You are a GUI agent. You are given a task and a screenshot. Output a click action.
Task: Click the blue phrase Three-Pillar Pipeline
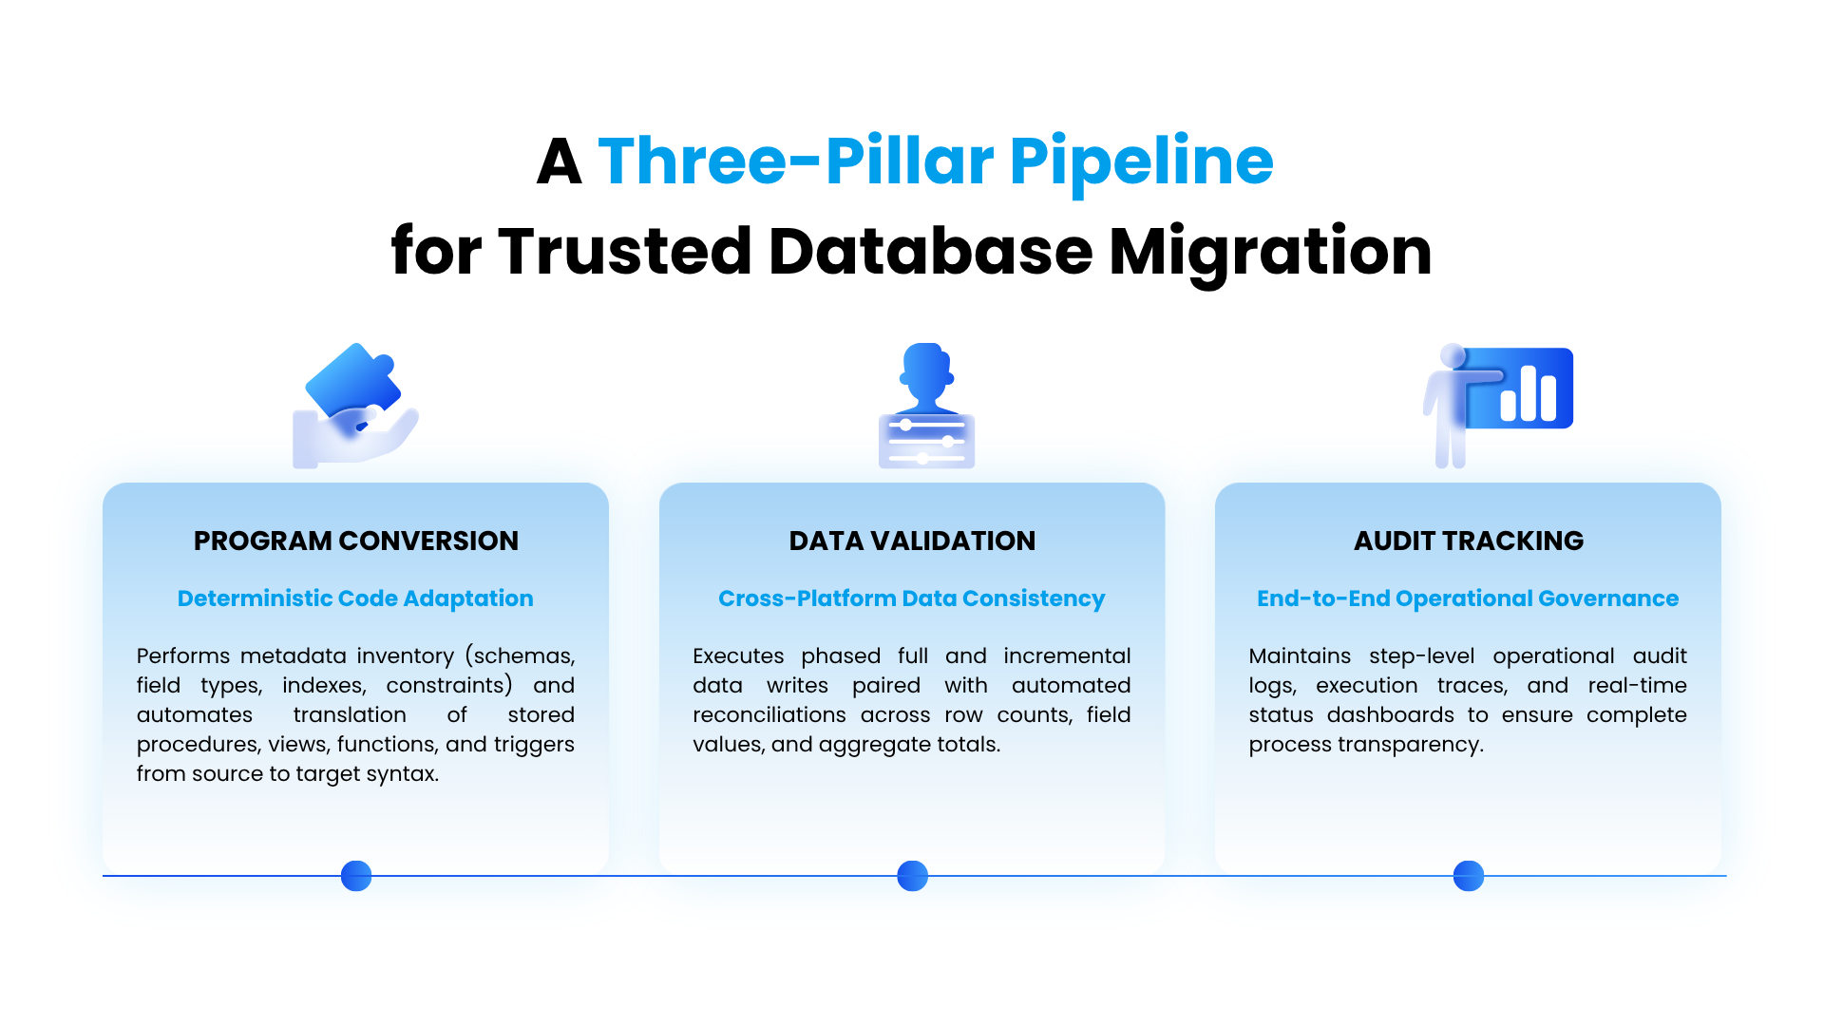[936, 161]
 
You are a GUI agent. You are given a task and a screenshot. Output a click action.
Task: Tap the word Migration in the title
[1270, 253]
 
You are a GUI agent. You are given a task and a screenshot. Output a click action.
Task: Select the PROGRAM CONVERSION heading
[356, 541]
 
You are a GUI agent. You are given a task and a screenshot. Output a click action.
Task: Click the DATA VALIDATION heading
[912, 541]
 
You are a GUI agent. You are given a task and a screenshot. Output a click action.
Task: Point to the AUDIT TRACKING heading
[1469, 541]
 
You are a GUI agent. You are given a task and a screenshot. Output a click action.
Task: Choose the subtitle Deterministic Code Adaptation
[355, 598]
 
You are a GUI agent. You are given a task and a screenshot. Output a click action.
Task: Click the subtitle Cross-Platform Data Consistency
[912, 598]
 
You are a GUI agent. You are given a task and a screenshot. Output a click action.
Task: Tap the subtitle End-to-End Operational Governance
[1468, 598]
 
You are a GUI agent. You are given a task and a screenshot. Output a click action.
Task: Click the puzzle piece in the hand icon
[352, 380]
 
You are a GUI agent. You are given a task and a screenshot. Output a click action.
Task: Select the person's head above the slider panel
[926, 370]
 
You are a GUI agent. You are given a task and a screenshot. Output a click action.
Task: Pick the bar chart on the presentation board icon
[1528, 393]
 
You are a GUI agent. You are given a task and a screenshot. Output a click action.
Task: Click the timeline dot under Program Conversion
[356, 876]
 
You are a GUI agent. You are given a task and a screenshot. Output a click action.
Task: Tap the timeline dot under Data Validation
[912, 876]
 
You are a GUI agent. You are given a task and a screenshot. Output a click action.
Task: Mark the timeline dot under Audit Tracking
[1469, 876]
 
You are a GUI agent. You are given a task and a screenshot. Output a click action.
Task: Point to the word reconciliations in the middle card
[769, 715]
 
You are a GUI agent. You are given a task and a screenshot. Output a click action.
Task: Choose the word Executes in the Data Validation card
[738, 656]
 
